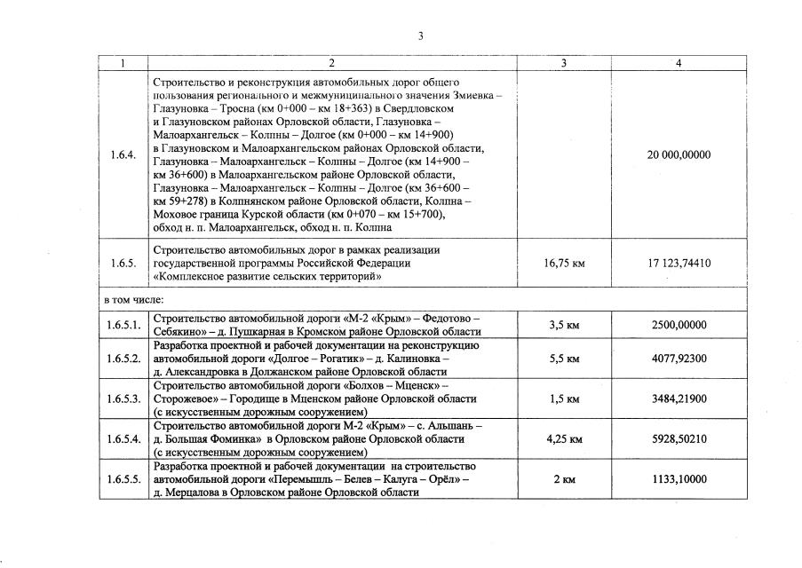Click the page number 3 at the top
click(421, 35)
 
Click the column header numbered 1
click(123, 62)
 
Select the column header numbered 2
click(330, 62)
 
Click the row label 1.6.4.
click(123, 155)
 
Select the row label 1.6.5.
click(123, 264)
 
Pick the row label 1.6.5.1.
click(123, 325)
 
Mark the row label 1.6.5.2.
click(123, 359)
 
